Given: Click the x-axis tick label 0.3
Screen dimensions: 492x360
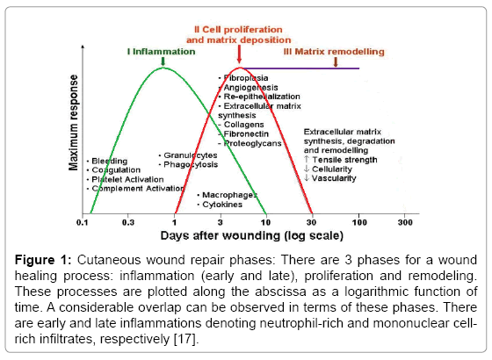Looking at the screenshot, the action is pyautogui.click(x=128, y=223).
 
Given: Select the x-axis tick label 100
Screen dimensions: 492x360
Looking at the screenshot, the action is pyautogui.click(x=359, y=223).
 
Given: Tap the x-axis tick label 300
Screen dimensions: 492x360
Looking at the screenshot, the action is pyautogui.click(x=405, y=223).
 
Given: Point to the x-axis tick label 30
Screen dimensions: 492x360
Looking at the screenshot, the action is pyautogui.click(x=312, y=223).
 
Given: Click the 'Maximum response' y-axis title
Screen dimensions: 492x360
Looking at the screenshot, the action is pyautogui.click(x=73, y=123).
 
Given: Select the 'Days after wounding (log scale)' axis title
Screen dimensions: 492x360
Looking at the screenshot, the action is pyautogui.click(x=251, y=235).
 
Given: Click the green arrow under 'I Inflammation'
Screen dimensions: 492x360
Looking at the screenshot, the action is pyautogui.click(x=163, y=61).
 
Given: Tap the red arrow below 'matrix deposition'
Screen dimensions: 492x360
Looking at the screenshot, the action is pyautogui.click(x=239, y=54).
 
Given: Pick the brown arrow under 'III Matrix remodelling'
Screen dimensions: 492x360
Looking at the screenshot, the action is pyautogui.click(x=336, y=61).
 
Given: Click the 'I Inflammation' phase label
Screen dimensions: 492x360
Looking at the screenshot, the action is pyautogui.click(x=162, y=52).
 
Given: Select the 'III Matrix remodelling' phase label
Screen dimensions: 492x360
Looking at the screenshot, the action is pyautogui.click(x=334, y=52).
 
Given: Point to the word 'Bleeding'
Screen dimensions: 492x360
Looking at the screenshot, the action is pyautogui.click(x=110, y=162).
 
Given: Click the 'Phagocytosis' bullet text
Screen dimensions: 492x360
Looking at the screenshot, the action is pyautogui.click(x=191, y=165).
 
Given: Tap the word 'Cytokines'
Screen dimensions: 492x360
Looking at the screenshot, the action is pyautogui.click(x=222, y=205).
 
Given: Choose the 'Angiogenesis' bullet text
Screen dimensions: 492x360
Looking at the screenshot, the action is pyautogui.click(x=250, y=88).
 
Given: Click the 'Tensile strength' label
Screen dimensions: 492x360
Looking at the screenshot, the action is pyautogui.click(x=344, y=160).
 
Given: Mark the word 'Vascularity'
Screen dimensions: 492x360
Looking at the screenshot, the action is pyautogui.click(x=334, y=178).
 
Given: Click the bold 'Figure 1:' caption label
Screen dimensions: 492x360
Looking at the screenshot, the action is pyautogui.click(x=43, y=260).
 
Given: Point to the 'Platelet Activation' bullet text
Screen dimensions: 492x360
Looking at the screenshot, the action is pyautogui.click(x=127, y=179).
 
